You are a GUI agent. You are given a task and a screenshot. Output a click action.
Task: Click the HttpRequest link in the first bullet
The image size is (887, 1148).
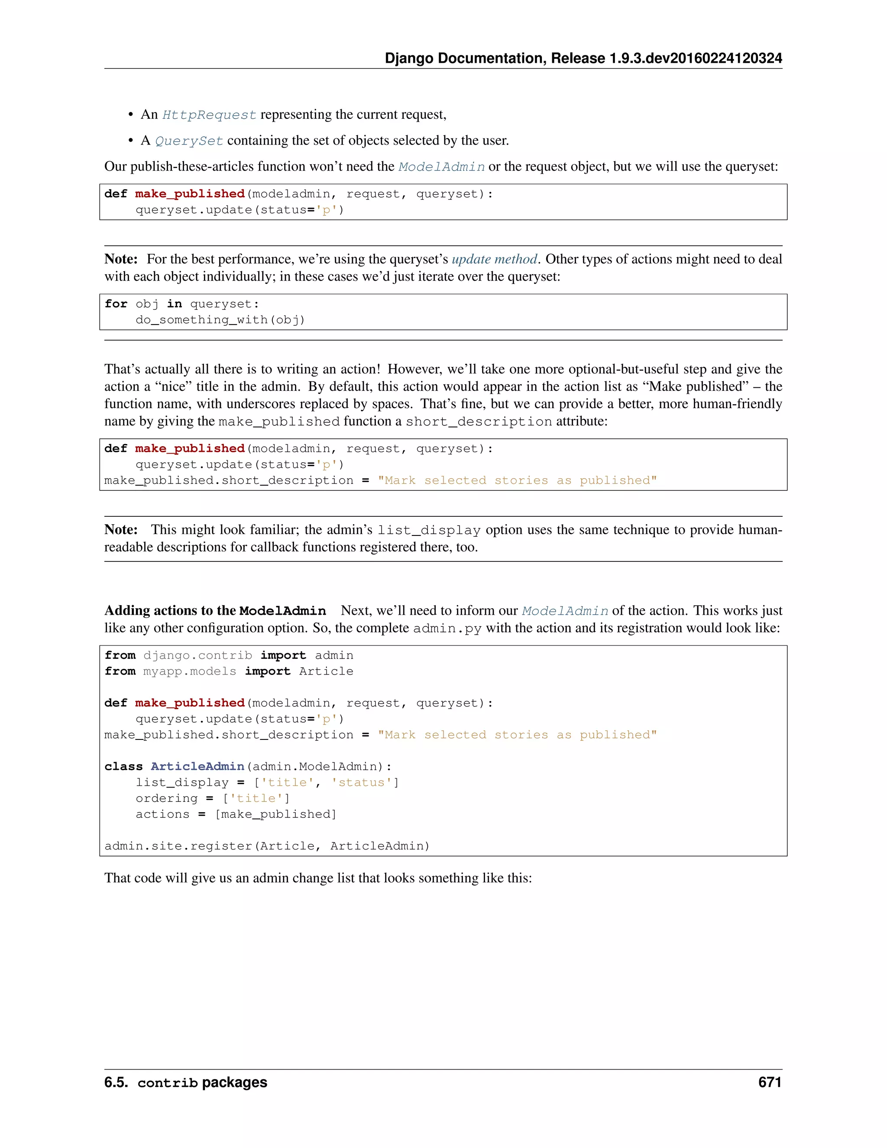[209, 115]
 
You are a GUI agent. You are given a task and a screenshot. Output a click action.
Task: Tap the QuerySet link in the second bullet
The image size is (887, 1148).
[189, 141]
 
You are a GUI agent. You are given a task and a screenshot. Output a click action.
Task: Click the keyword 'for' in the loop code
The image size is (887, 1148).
[116, 304]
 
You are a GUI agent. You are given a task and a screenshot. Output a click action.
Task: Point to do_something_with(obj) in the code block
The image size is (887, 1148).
[220, 320]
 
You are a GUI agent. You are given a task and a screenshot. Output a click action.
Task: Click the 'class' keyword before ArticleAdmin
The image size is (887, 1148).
[123, 766]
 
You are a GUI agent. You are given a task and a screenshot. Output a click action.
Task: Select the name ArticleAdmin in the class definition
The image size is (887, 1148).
[197, 766]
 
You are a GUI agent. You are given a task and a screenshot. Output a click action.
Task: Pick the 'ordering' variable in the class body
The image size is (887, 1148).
[167, 798]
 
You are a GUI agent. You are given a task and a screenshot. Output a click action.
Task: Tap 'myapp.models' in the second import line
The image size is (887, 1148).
[190, 671]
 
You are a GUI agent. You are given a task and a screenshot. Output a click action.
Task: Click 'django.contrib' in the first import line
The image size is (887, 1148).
[197, 655]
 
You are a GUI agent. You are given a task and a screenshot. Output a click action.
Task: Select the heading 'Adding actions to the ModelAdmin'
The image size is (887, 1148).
[215, 610]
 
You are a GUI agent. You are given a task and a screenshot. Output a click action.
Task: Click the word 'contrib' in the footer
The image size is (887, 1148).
[167, 1083]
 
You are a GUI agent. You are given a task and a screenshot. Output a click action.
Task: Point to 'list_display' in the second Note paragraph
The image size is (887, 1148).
[429, 530]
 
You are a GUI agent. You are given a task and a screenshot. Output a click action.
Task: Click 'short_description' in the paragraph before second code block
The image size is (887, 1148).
[479, 422]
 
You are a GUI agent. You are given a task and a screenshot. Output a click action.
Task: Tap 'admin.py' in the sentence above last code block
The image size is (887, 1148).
[447, 628]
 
